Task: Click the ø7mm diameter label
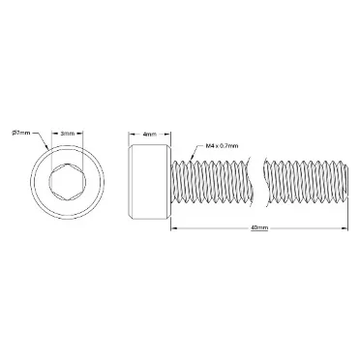point(21,133)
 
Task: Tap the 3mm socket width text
point(68,134)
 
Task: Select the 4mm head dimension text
point(149,134)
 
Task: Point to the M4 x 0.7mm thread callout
point(222,146)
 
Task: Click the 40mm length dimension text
point(259,227)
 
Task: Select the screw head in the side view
point(150,182)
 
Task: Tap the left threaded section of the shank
point(213,182)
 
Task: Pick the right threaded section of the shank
point(306,182)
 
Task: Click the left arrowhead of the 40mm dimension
point(174,228)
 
